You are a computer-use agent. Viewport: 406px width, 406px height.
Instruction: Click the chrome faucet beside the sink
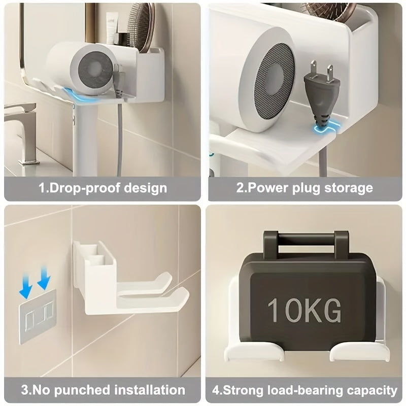click(23, 127)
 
